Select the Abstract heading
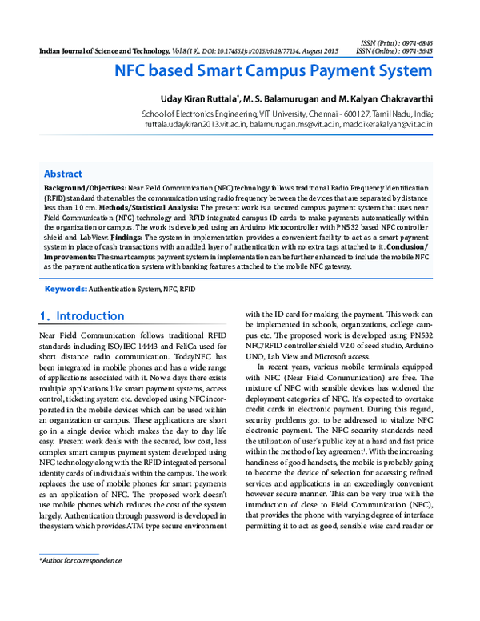(x=62, y=174)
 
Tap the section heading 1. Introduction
(x=82, y=316)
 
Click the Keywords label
(x=65, y=287)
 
